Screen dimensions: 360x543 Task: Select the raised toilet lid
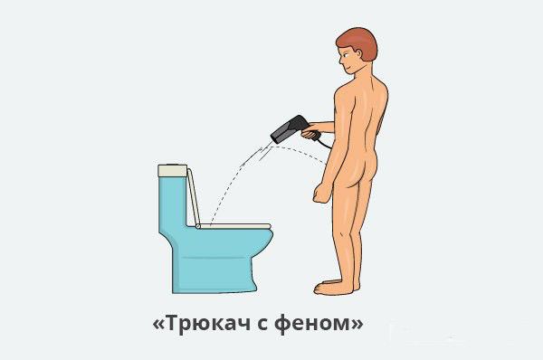[194, 194]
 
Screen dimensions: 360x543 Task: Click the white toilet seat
[235, 225]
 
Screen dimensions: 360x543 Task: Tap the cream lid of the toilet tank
[172, 169]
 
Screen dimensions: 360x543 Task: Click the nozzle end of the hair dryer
[277, 138]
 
